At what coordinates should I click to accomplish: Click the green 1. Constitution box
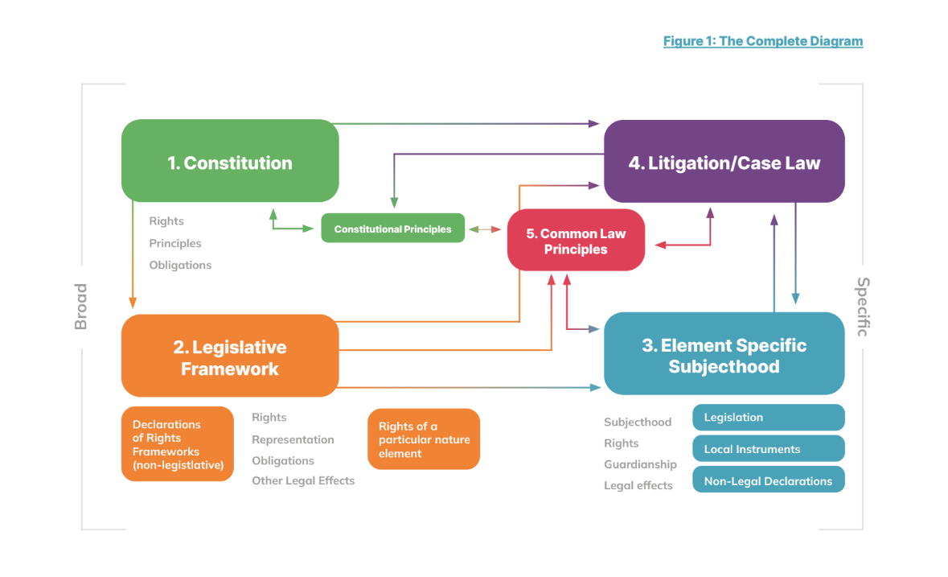tap(230, 161)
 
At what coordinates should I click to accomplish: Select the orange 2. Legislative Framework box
tap(230, 357)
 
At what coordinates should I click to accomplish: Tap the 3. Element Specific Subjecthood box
tap(724, 355)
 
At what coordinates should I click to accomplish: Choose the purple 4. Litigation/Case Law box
tap(724, 162)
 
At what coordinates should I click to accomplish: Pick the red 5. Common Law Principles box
tap(576, 241)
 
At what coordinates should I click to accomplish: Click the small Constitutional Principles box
tap(392, 229)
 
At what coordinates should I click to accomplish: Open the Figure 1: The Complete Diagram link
tap(762, 41)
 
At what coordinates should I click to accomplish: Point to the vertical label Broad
tap(80, 307)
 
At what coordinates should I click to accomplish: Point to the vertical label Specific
tap(863, 307)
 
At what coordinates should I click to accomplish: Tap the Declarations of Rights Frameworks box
tap(178, 444)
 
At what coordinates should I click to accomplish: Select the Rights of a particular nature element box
tap(424, 439)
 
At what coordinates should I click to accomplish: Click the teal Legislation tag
tap(768, 418)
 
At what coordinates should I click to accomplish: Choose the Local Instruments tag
tap(768, 449)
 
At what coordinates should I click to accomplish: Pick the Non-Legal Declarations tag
tap(768, 480)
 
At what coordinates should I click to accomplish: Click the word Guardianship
tap(640, 464)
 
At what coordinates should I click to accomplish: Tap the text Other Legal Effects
tap(303, 480)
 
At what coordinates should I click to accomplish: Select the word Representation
tap(293, 439)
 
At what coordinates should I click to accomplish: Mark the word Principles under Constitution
tap(175, 243)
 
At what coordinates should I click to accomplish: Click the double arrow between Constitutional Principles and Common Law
tap(486, 229)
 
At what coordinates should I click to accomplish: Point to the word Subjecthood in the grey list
tap(638, 422)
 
